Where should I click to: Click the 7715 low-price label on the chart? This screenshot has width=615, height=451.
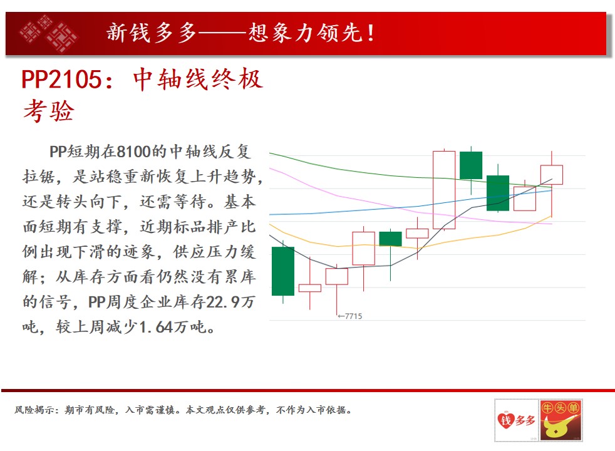[x=350, y=316]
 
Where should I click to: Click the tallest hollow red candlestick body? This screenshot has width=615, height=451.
[x=444, y=190]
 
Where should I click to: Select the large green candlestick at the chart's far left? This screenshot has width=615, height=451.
[x=283, y=271]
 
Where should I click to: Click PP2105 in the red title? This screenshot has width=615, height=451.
[x=61, y=80]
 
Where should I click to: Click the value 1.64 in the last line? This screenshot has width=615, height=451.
[x=156, y=327]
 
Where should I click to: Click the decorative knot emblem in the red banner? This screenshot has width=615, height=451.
[x=48, y=33]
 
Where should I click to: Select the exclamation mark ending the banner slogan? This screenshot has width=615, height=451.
[x=370, y=33]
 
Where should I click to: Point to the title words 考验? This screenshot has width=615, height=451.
[x=49, y=111]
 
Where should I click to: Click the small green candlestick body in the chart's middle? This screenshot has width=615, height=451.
[x=390, y=239]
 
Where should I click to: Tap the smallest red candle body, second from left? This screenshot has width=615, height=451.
[x=310, y=288]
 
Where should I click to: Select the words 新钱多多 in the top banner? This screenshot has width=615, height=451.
[x=152, y=33]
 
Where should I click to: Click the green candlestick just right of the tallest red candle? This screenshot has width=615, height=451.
[x=471, y=165]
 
